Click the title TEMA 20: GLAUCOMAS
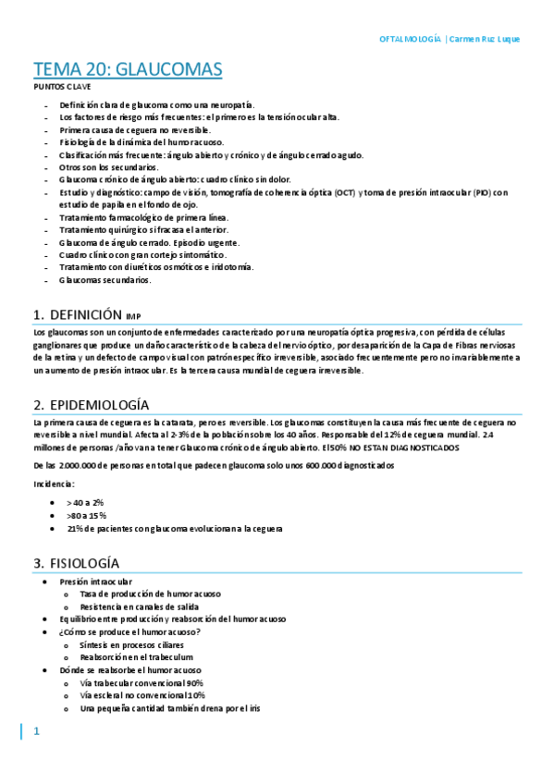click(128, 70)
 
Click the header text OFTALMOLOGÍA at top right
click(411, 40)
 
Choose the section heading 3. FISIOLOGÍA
click(76, 563)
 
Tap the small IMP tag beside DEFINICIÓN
click(135, 316)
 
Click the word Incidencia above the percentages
click(53, 484)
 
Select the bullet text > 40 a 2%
click(84, 501)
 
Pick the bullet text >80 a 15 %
click(86, 515)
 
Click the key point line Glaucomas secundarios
click(105, 280)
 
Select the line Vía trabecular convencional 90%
click(142, 682)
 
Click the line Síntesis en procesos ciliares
click(131, 644)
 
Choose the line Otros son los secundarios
click(109, 167)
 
